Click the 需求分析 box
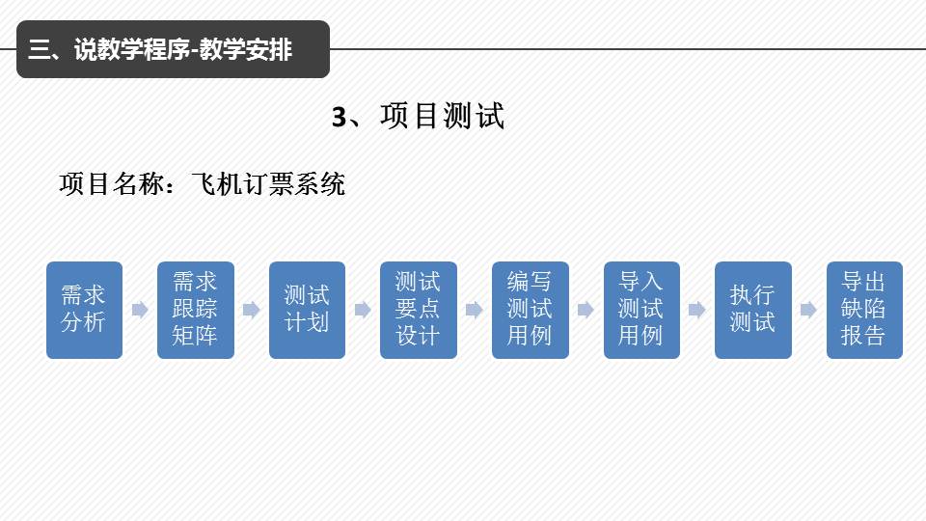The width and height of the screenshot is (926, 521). (x=84, y=310)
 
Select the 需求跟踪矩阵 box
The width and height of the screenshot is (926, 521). (x=196, y=310)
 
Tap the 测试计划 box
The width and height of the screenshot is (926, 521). (x=307, y=310)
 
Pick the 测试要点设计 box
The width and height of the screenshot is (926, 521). (x=419, y=310)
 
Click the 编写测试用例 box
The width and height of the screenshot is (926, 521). (x=531, y=310)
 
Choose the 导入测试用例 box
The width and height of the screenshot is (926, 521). (x=641, y=310)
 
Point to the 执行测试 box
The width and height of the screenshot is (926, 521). (x=753, y=310)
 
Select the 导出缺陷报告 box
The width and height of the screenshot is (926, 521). (x=864, y=310)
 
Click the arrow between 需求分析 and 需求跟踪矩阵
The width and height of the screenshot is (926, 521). (x=140, y=310)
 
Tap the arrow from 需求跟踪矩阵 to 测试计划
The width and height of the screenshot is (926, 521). (x=251, y=310)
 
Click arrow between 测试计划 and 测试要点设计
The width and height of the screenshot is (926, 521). (x=363, y=310)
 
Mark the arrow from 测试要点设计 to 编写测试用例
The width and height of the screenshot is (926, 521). (x=474, y=310)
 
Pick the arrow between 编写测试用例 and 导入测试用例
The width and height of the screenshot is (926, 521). (x=586, y=310)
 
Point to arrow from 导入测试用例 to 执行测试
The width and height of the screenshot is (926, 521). (x=697, y=310)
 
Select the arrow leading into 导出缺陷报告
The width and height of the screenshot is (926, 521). (x=808, y=310)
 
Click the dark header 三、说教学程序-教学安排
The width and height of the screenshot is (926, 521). (x=173, y=49)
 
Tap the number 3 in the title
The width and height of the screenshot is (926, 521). (x=339, y=118)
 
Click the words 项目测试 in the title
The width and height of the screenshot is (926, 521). (x=443, y=118)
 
